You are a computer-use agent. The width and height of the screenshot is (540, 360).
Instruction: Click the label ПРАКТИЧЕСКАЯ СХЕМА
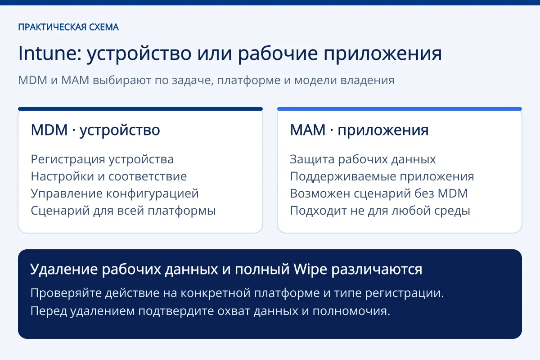coord(68,27)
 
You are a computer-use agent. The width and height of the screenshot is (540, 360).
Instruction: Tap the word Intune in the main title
coord(50,53)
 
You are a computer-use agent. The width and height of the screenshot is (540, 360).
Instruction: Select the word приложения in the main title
coord(382,54)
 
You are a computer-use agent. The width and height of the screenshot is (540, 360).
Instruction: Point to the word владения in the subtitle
coord(367,80)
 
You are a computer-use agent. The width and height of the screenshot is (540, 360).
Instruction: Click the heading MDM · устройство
coord(95,130)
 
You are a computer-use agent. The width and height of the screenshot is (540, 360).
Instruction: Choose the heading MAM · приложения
coord(359,130)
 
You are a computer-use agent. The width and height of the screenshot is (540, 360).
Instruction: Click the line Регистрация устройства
coord(102,160)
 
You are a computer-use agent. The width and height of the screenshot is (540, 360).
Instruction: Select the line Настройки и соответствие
coord(109,176)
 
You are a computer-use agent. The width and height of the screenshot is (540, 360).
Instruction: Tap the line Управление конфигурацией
coord(115,194)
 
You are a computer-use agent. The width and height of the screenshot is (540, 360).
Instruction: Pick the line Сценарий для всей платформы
coord(123,211)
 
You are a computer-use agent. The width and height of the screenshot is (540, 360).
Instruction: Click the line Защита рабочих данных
coord(363,160)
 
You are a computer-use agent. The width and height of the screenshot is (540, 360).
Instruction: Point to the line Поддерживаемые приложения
coord(382,177)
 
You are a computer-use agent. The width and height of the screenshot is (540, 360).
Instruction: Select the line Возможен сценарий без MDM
coord(379,193)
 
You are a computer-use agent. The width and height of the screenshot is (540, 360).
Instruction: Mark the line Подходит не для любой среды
coord(380,211)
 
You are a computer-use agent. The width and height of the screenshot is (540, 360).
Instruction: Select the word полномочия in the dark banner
coord(351,311)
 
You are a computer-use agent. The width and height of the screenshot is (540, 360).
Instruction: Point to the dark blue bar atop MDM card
coord(140,109)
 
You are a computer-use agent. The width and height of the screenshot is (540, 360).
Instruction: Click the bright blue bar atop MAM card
coord(400,109)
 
